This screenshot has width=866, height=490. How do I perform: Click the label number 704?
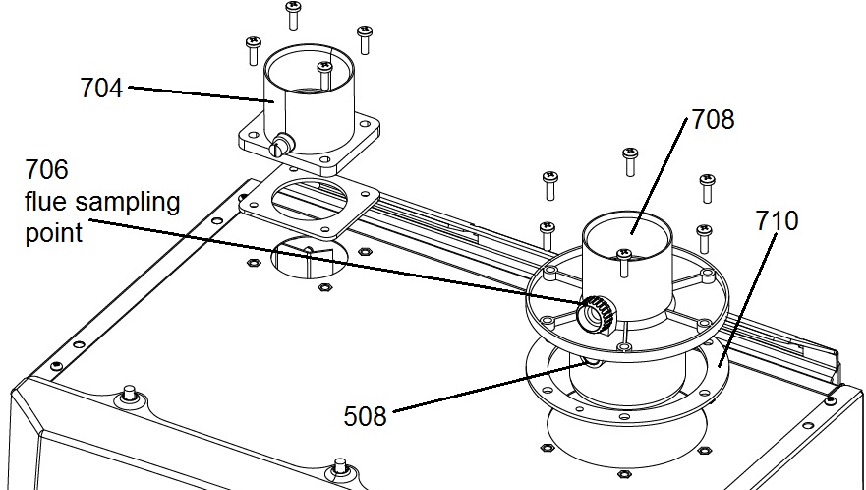click(x=101, y=89)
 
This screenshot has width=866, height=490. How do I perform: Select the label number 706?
click(x=46, y=170)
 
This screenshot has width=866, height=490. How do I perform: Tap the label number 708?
click(x=713, y=120)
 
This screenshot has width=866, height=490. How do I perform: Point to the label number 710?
click(x=778, y=220)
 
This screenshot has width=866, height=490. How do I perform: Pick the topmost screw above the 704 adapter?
click(x=293, y=14)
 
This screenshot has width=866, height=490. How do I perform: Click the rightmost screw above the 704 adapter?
click(x=365, y=37)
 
